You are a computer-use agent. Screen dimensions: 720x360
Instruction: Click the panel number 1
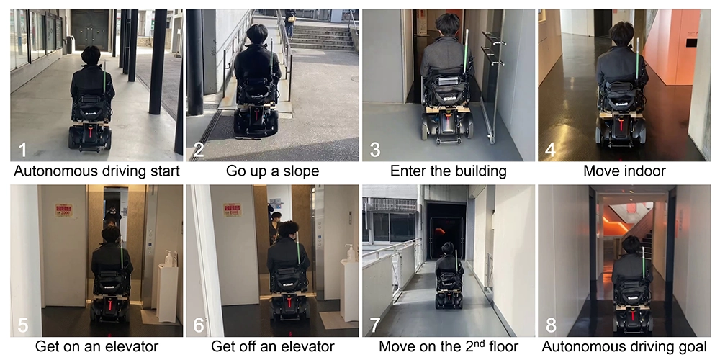(x=22, y=150)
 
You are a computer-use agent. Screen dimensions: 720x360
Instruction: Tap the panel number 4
(x=551, y=150)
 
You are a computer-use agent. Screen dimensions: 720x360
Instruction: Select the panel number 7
(x=374, y=325)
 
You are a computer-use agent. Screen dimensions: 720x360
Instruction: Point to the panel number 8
(x=551, y=325)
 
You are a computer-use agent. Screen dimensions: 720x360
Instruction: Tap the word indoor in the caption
(x=645, y=171)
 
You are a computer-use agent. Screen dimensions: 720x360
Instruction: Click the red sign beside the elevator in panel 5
(x=64, y=210)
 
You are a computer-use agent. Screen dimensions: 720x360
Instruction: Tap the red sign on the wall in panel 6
(x=233, y=210)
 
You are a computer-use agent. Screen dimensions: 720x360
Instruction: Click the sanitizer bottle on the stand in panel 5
(x=168, y=258)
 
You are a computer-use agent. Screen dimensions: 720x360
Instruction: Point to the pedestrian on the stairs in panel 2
(x=290, y=23)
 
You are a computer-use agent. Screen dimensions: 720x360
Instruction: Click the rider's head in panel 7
(x=448, y=250)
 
